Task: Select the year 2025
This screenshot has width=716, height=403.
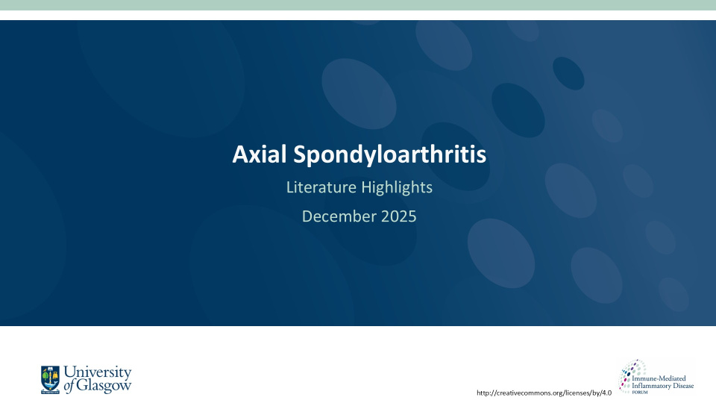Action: pyautogui.click(x=396, y=216)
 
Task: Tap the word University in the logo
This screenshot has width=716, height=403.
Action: pyautogui.click(x=98, y=372)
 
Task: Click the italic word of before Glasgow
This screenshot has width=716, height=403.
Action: pyautogui.click(x=70, y=386)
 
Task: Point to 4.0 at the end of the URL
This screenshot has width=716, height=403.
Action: pyautogui.click(x=606, y=393)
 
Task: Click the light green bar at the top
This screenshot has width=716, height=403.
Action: pyautogui.click(x=358, y=5)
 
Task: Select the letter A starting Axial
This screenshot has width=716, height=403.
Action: pyautogui.click(x=239, y=154)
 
